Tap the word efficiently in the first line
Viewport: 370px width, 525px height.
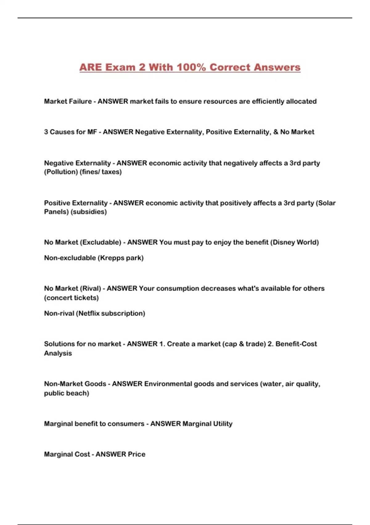pyautogui.click(x=268, y=101)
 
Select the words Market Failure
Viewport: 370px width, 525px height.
pyautogui.click(x=68, y=101)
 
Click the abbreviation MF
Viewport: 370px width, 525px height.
pyautogui.click(x=92, y=132)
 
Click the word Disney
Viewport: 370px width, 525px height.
pyautogui.click(x=283, y=242)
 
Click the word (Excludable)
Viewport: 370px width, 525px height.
pyautogui.click(x=101, y=242)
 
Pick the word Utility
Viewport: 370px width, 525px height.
pyautogui.click(x=221, y=423)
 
